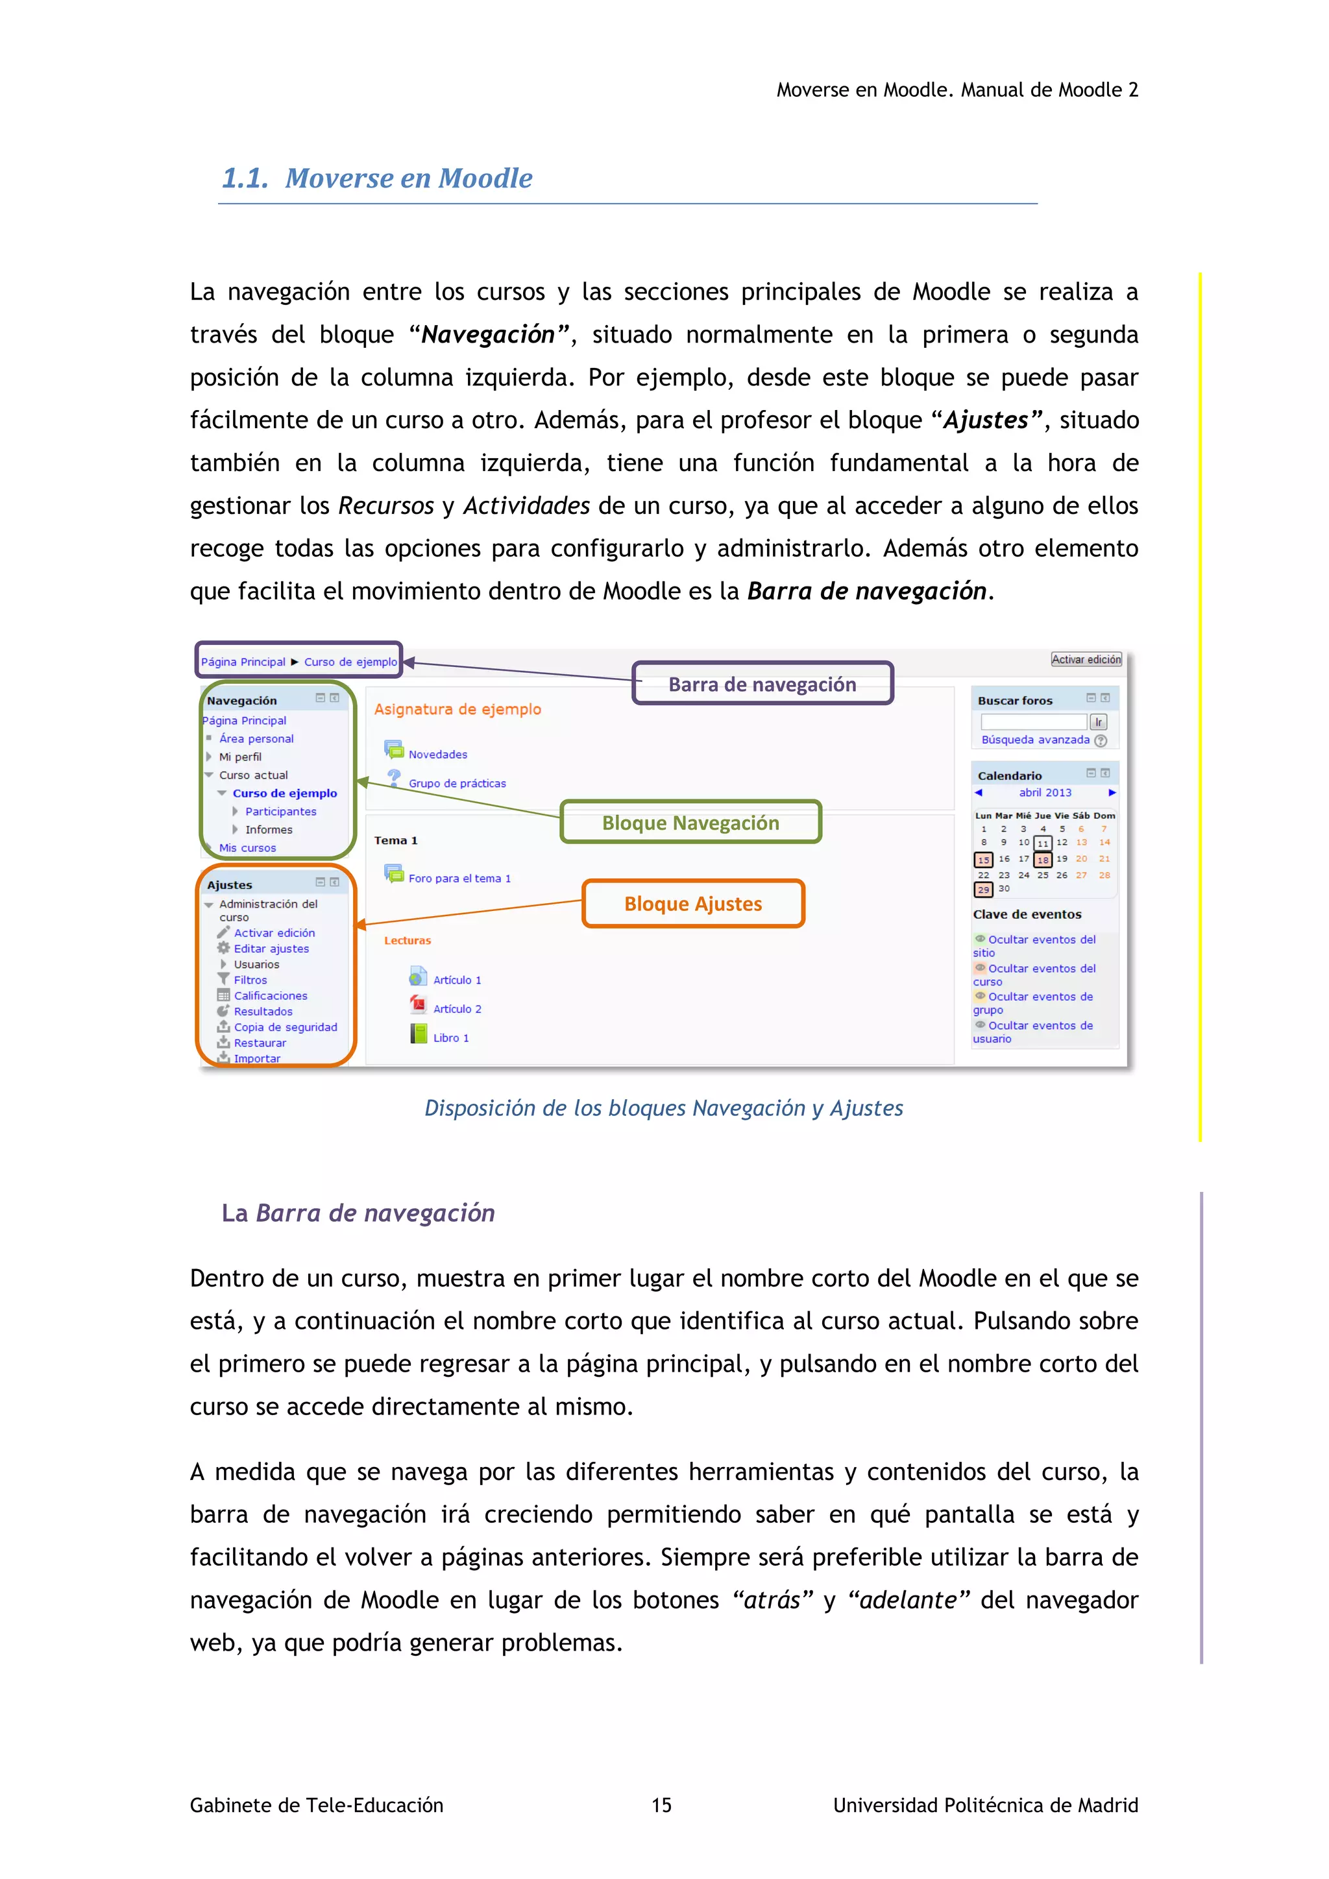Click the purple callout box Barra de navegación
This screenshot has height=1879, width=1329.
pos(762,684)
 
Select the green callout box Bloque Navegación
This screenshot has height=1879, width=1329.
pos(690,823)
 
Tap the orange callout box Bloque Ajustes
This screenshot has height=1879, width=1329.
pos(692,904)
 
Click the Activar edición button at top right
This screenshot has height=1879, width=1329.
pos(1086,660)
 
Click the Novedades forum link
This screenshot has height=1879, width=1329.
pos(438,755)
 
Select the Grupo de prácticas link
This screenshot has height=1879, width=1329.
pos(457,783)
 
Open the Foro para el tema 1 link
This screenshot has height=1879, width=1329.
pos(459,878)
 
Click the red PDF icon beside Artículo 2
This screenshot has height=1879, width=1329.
pos(418,1005)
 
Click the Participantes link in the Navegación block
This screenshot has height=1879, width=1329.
pos(281,812)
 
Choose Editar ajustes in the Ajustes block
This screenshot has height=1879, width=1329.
pos(271,949)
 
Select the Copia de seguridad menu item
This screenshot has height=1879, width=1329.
pos(285,1027)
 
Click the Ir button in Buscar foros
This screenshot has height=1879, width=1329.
pos(1098,721)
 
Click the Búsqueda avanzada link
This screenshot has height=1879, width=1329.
pos(1035,740)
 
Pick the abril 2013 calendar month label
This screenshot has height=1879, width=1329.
pos(1045,792)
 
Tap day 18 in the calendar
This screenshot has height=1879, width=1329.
pos(1043,859)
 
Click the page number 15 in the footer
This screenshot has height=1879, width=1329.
pos(661,1805)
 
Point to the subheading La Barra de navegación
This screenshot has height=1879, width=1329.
pos(358,1213)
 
